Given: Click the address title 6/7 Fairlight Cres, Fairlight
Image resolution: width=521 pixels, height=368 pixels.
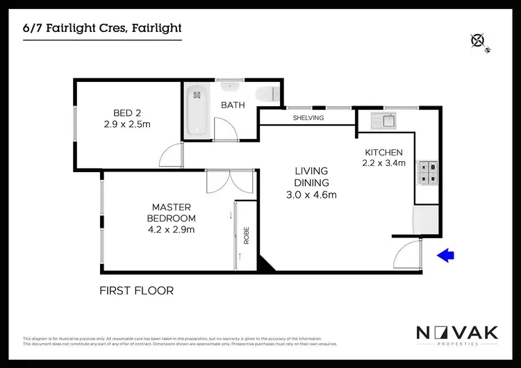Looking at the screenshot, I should coord(103,28).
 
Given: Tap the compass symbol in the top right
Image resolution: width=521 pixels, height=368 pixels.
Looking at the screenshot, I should coord(478,40).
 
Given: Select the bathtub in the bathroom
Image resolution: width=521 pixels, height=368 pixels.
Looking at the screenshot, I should coord(197,111).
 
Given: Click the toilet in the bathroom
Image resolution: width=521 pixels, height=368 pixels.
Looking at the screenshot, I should coord(266,95).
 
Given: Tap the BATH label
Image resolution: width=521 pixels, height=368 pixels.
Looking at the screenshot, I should coord(233,106).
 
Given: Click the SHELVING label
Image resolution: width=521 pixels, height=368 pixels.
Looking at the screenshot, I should coord(308,118).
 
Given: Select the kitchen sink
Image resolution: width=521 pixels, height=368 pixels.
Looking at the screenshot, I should coord(383,120).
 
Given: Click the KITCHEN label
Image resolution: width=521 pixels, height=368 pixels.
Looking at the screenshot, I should coord(383,153).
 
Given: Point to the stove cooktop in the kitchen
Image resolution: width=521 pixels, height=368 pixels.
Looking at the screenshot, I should coord(427,172).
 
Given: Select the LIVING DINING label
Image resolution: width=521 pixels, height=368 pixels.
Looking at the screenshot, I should coord(311,177).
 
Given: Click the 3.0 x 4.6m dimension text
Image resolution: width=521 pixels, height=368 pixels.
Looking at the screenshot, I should coord(311,195).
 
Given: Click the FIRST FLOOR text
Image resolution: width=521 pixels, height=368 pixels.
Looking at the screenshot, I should coord(137,291).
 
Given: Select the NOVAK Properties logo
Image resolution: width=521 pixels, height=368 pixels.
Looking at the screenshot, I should coord(456,335).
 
